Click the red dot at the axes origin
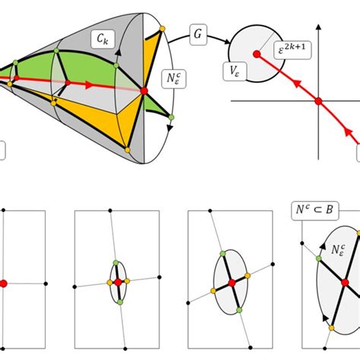coord(319,100)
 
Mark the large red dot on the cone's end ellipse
coord(144,92)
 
